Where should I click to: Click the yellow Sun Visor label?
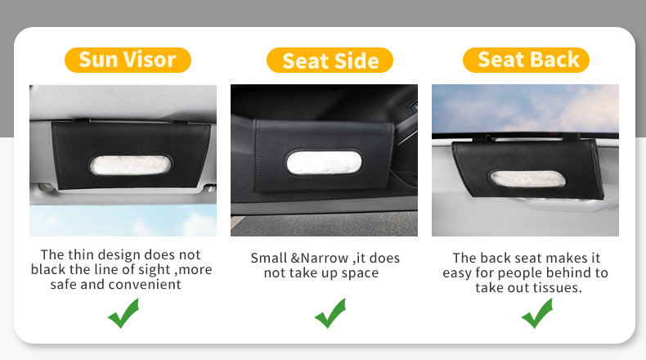pos(128,61)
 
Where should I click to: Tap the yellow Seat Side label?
pos(330,61)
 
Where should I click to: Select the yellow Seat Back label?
pos(526,61)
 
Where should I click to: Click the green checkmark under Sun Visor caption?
pos(123,313)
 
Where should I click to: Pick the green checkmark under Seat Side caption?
pos(330,313)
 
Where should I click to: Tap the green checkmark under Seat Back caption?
pos(537,313)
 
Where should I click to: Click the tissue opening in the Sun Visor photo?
pos(130,165)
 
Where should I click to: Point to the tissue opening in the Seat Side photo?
pos(325,163)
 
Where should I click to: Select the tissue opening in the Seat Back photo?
pos(527,178)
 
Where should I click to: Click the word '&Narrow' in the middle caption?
pos(320,259)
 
